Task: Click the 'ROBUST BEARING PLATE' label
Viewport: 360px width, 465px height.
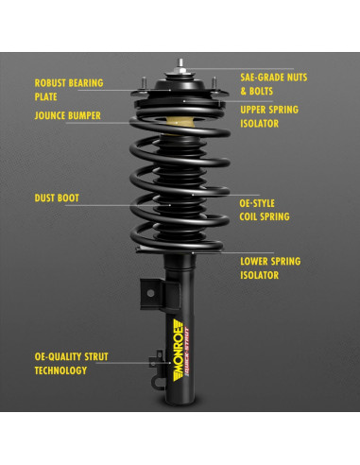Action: [68, 88]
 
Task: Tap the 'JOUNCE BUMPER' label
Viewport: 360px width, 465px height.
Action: [68, 116]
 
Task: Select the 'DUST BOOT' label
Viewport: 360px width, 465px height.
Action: [57, 198]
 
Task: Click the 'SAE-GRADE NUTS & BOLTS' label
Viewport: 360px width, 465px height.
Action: [274, 84]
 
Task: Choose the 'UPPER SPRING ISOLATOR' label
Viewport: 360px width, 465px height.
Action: [270, 116]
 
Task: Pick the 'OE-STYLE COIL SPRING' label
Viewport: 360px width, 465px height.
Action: [264, 209]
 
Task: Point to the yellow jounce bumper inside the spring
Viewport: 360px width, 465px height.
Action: [176, 122]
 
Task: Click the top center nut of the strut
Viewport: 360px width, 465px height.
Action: [178, 69]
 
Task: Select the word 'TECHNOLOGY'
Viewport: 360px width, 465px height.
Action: [61, 370]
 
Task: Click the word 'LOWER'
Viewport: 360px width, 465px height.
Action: [255, 261]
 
